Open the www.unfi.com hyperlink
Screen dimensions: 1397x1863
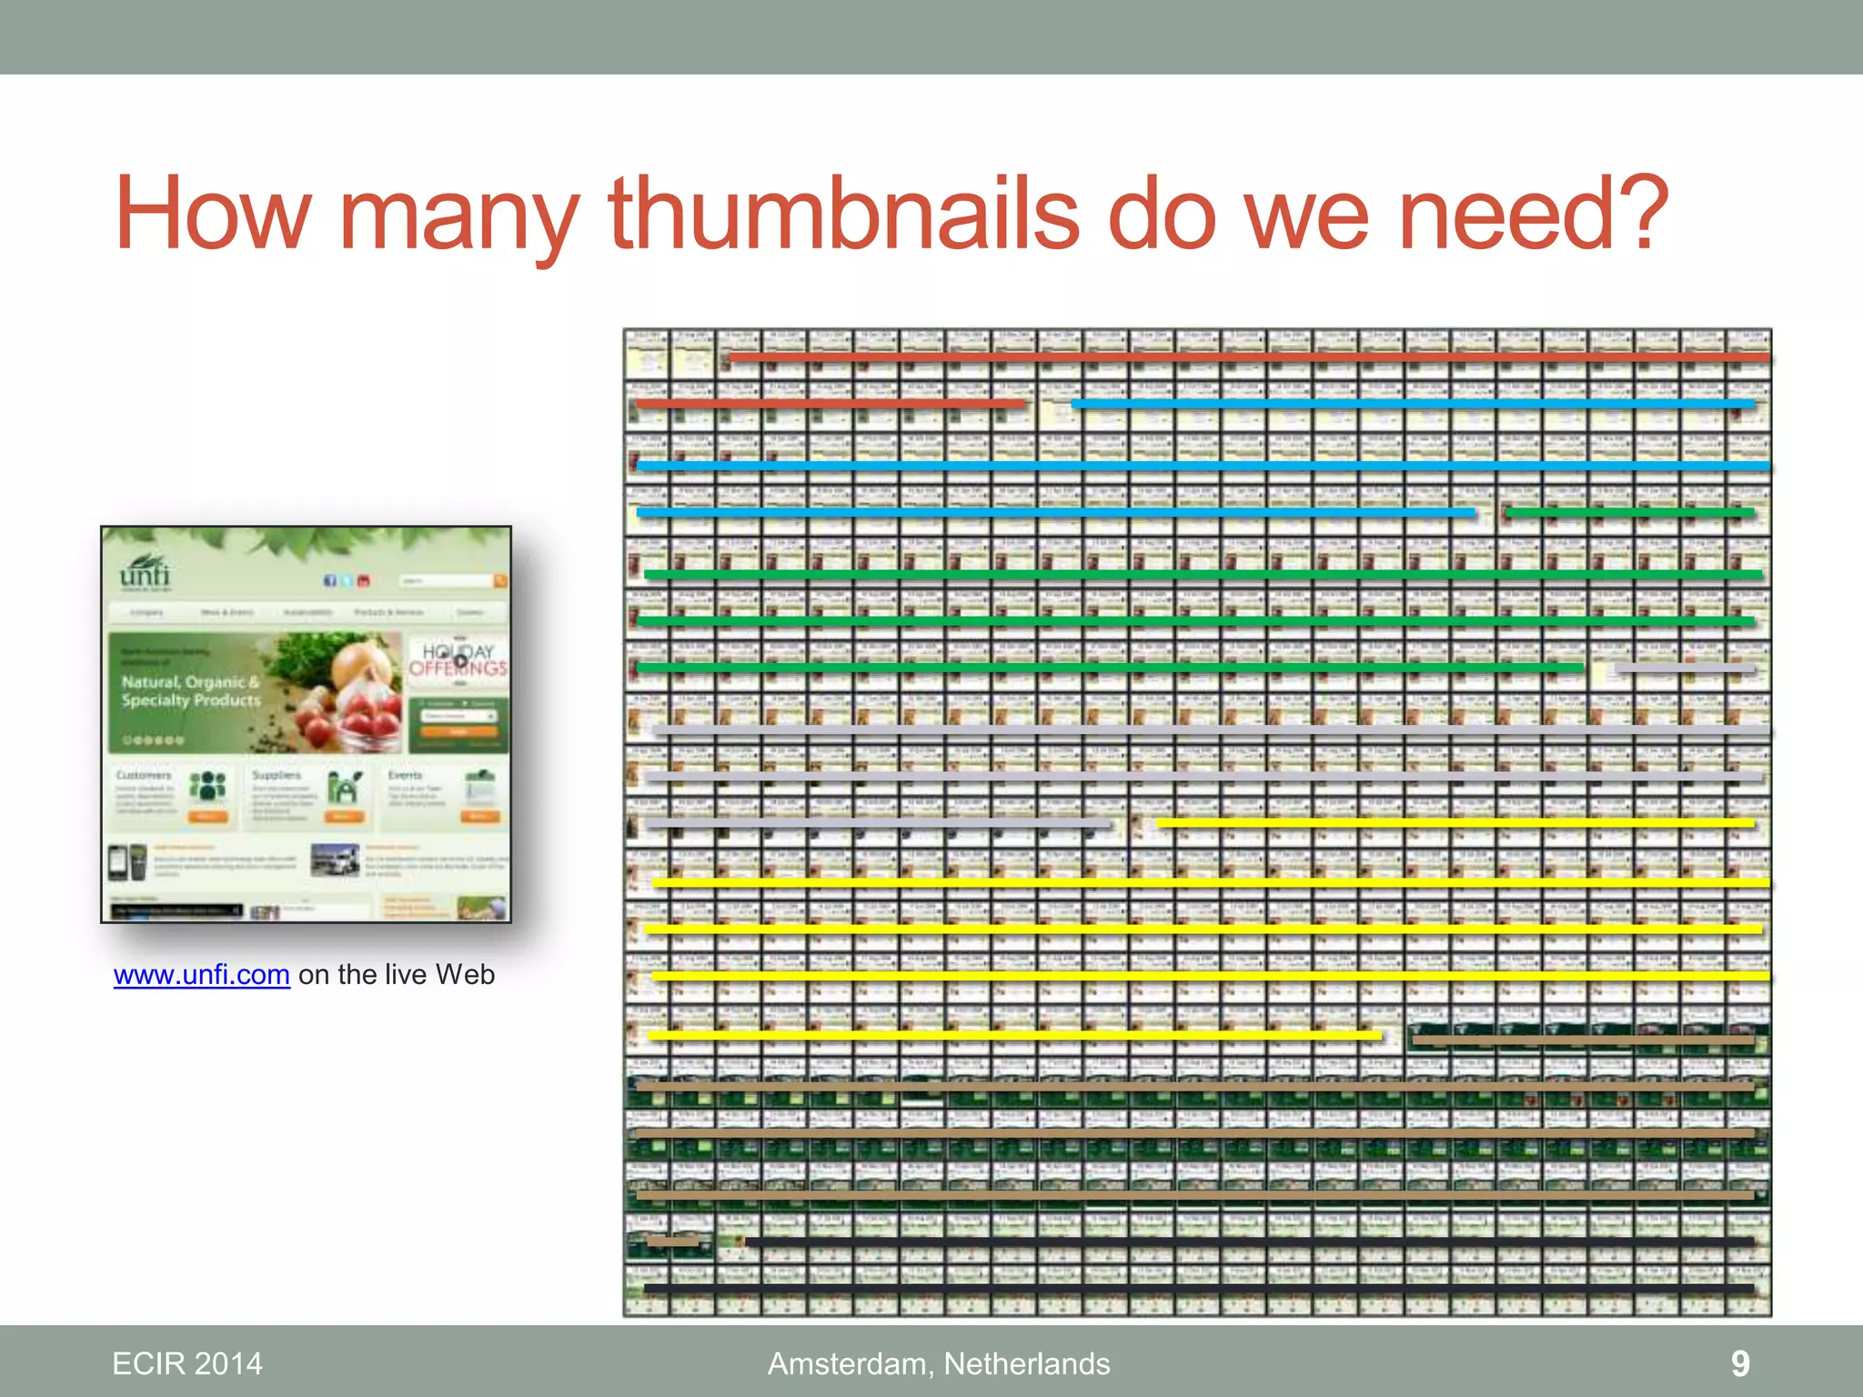pos(201,975)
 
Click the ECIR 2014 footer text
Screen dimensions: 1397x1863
pos(186,1363)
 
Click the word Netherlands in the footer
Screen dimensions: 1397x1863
pos(1026,1363)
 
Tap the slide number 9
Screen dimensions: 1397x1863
pos(1739,1363)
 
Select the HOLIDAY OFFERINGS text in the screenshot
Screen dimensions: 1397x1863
pos(458,659)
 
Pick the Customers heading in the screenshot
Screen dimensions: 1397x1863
pos(144,775)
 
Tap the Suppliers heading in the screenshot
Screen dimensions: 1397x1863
pos(277,775)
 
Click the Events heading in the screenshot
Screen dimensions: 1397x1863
pos(405,775)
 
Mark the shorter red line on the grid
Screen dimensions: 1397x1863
pos(830,403)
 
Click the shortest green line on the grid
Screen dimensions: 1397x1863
pos(1628,513)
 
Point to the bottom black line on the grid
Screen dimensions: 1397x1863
pos(1198,1288)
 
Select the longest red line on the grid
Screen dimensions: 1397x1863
pos(1248,357)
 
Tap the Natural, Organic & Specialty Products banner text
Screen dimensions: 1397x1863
pos(191,691)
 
